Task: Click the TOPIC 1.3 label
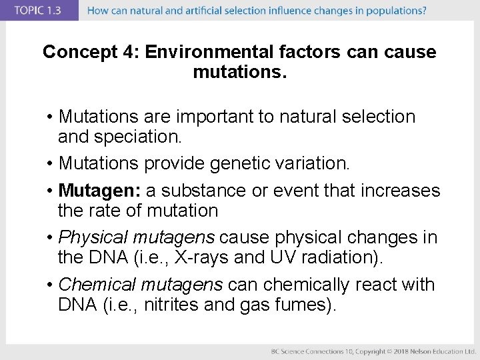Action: [x=38, y=10]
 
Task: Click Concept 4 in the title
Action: [x=90, y=53]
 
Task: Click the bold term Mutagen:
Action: [x=99, y=191]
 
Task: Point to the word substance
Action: [x=204, y=191]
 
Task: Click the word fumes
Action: [x=305, y=305]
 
